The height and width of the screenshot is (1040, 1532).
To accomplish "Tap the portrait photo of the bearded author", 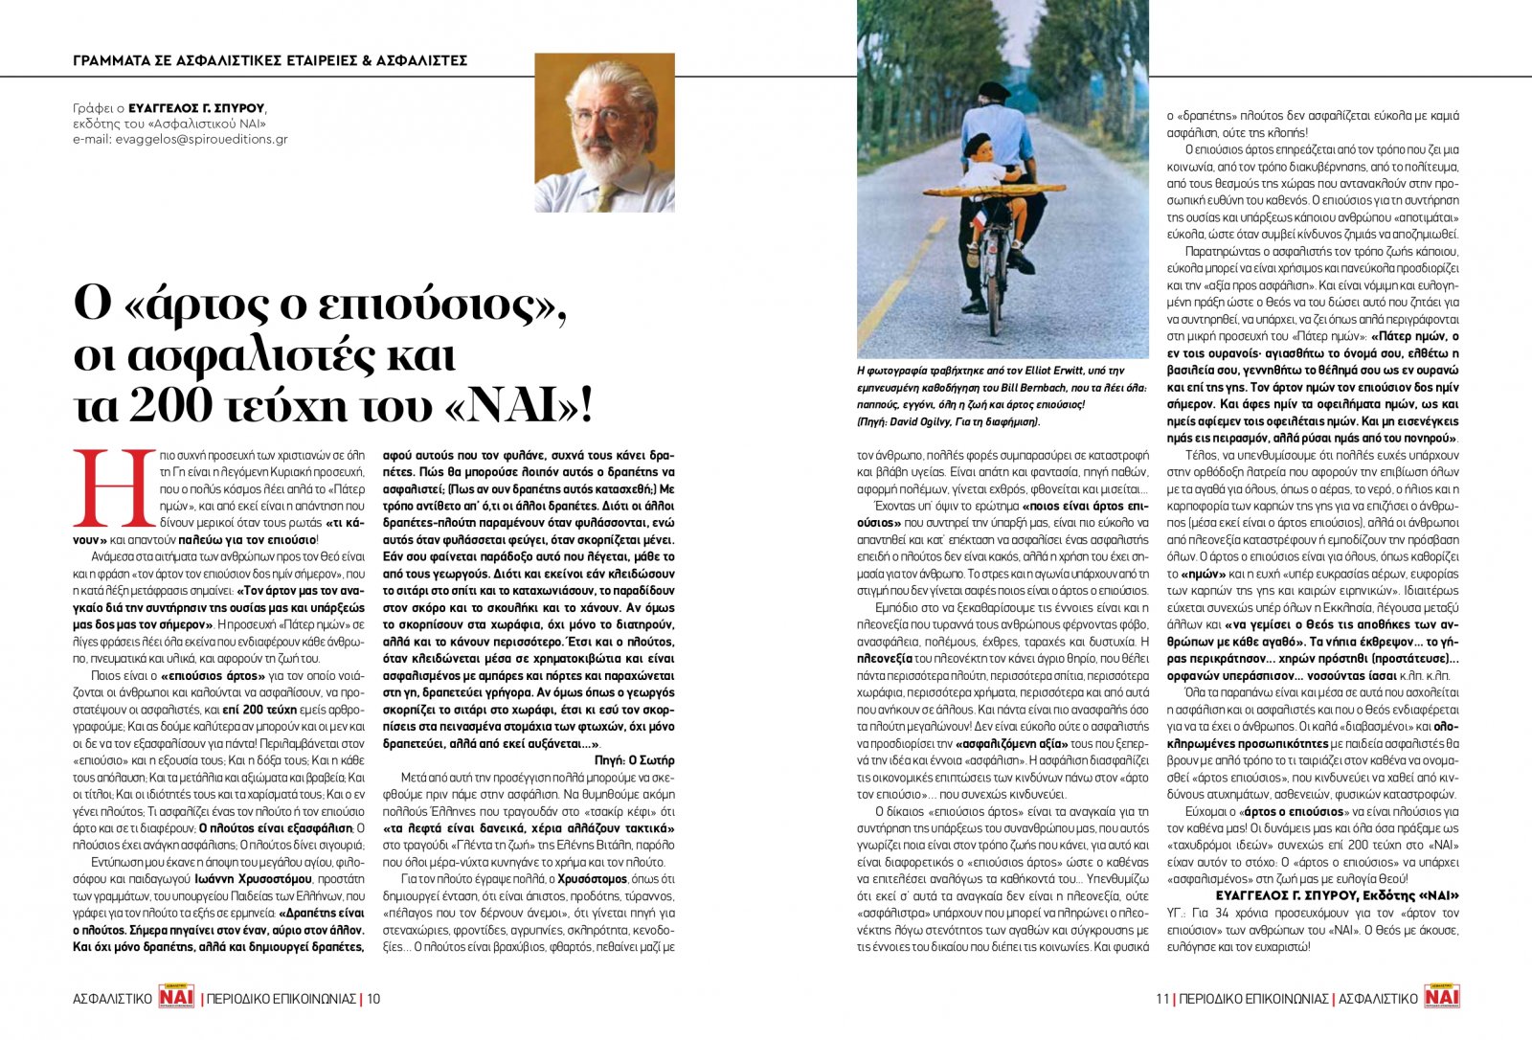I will click(x=604, y=132).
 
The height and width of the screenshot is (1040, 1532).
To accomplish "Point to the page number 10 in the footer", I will click(x=373, y=998).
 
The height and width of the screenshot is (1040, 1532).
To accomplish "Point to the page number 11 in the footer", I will click(x=1162, y=998).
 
